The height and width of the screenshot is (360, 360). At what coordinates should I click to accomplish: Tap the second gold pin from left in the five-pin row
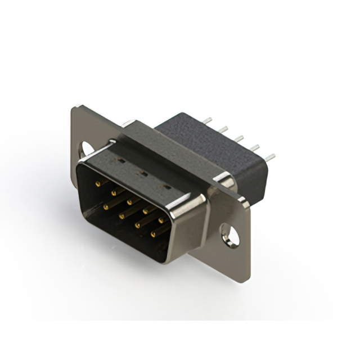[x=114, y=192]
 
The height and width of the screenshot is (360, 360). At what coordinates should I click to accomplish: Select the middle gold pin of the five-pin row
[x=130, y=200]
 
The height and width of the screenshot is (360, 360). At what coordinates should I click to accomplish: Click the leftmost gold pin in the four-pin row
[x=105, y=206]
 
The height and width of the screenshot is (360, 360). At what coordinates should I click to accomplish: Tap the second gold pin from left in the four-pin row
[x=121, y=214]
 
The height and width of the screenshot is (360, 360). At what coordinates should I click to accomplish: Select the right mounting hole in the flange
[x=230, y=235]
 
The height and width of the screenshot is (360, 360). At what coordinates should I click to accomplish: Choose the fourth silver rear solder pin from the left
[x=255, y=147]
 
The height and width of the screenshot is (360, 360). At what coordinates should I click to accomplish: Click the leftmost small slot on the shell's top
[x=120, y=162]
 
